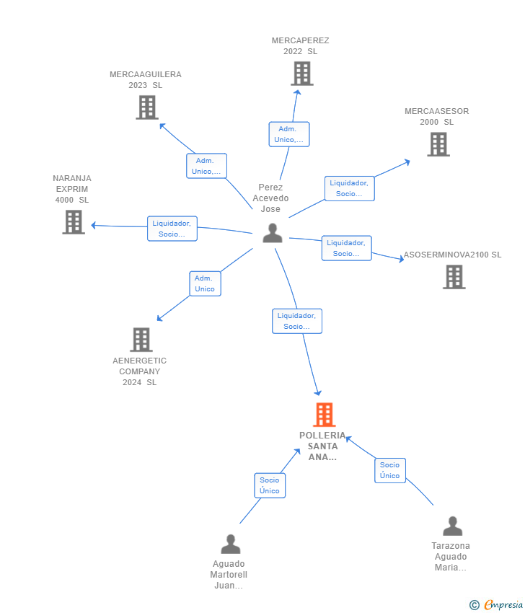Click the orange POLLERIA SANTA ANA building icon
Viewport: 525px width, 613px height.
324,415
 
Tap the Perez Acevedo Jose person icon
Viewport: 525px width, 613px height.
273,233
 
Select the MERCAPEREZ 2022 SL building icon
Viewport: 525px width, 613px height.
301,74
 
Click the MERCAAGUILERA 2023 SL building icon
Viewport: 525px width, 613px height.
147,107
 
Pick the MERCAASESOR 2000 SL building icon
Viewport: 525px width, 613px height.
438,144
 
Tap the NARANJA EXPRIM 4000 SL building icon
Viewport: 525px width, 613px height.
74,222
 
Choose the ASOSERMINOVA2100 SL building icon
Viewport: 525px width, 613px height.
454,277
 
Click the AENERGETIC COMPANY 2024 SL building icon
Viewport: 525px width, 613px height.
141,340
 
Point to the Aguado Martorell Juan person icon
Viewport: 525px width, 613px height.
231,544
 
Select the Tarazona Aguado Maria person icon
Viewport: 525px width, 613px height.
453,526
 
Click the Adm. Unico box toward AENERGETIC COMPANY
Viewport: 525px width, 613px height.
206,283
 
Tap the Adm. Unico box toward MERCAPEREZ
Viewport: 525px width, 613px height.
289,134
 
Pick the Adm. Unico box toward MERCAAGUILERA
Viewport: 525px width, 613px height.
206,166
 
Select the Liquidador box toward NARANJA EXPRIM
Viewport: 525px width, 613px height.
172,229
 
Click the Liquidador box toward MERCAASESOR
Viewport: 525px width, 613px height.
350,188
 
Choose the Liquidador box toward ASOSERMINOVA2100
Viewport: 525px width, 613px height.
346,248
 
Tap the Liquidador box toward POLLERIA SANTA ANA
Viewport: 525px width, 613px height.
297,321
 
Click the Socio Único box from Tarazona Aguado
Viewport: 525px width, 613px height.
390,470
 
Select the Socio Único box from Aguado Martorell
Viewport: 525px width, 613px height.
270,485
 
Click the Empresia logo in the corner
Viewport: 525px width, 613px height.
496,605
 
